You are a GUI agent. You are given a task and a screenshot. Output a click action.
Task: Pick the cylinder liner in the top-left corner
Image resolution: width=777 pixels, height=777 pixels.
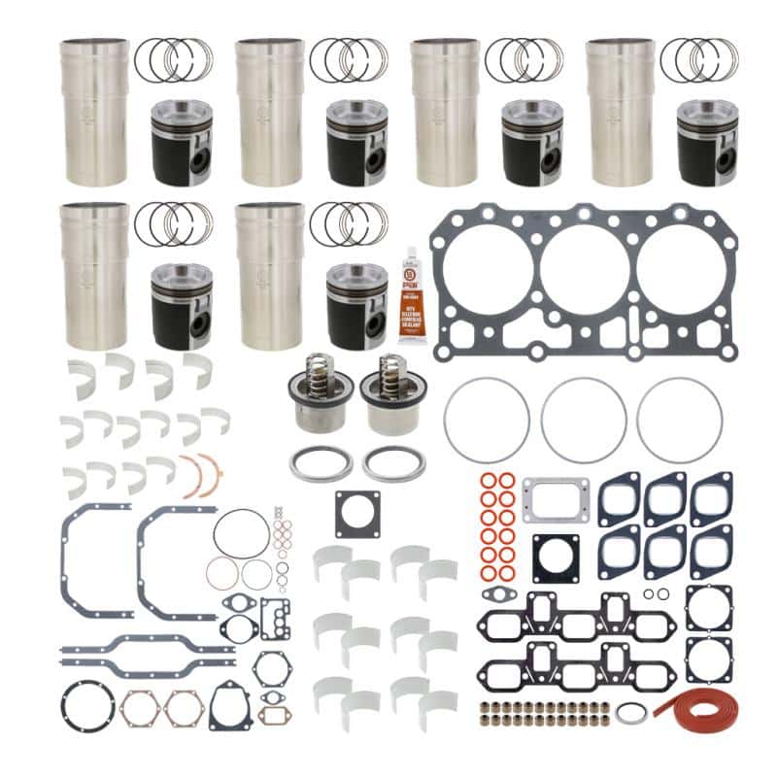pos(94,111)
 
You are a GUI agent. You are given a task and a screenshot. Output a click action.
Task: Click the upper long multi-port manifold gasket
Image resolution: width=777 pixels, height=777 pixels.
pos(572,615)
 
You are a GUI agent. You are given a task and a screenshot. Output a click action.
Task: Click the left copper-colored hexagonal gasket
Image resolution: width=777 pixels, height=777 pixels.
pos(139,709)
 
